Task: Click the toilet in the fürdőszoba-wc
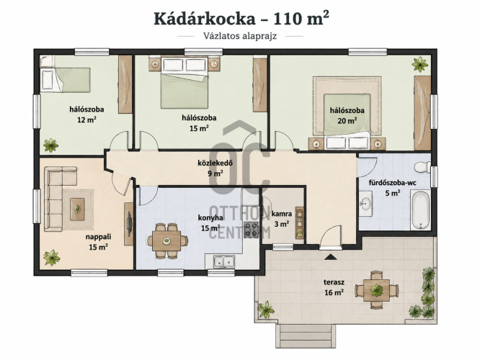422,167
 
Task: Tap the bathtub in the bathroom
421,210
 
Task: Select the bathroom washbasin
365,203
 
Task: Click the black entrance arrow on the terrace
330,257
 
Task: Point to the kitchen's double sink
224,261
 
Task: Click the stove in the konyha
252,230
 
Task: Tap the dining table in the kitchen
166,241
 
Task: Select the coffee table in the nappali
77,210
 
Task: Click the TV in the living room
130,224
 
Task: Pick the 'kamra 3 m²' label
282,219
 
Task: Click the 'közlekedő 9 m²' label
215,168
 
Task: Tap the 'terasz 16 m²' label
334,287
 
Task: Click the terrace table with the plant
377,289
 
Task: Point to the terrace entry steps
306,336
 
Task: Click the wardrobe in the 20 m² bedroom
422,113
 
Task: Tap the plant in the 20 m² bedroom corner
419,64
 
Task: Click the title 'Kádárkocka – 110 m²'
241,18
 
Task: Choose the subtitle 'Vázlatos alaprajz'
240,36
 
